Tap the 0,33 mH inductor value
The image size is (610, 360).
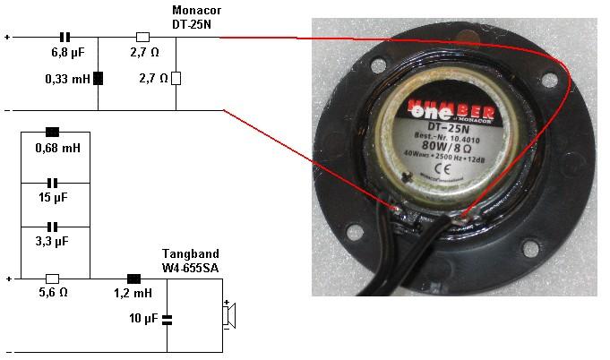point(68,79)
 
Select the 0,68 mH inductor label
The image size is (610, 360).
point(54,147)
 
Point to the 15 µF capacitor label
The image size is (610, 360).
point(54,197)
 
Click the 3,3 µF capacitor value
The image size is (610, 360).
point(54,241)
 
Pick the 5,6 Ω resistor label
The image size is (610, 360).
point(54,292)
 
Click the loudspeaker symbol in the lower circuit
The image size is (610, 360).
point(229,315)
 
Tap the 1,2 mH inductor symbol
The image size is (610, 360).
point(134,278)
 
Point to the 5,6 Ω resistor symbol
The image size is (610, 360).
point(53,279)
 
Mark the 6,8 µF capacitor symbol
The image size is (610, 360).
point(64,38)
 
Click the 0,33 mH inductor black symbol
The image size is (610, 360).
point(98,78)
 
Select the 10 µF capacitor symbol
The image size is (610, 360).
point(167,318)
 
